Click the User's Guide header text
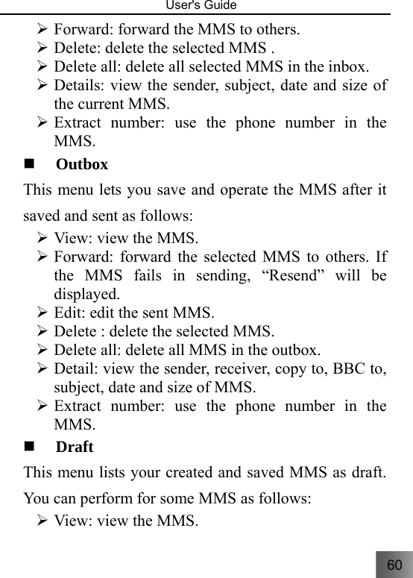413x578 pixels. (206, 6)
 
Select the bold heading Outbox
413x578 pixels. (82, 164)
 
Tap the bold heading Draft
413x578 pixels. (75, 447)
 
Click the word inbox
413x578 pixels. (345, 66)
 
